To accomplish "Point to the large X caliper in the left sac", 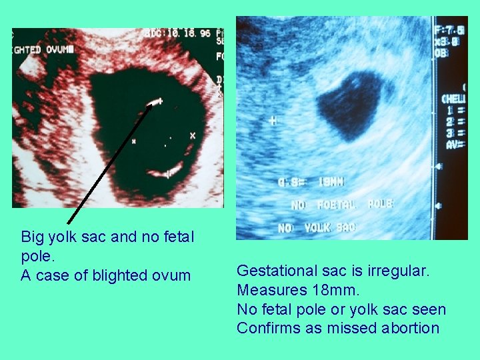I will point(193,135).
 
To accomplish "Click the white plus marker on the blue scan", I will point(273,121).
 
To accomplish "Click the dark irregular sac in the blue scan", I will point(347,104).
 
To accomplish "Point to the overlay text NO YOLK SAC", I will point(318,228).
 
